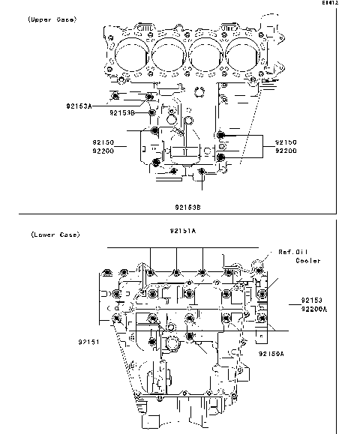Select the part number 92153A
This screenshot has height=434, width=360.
78,106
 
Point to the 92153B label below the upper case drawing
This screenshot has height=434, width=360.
188,206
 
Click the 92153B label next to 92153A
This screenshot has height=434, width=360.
122,112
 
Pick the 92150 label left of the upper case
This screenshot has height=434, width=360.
104,141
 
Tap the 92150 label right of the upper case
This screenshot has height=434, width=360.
285,141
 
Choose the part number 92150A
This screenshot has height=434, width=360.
271,352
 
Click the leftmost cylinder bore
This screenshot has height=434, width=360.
133,53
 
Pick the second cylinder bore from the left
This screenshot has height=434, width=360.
169,53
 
